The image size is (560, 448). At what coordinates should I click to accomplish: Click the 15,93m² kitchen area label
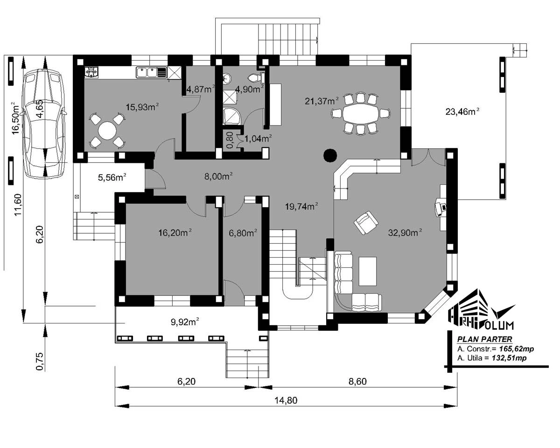click(142, 107)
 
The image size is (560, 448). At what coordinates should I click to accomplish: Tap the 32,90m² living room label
click(405, 232)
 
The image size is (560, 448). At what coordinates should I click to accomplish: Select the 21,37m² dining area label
click(322, 101)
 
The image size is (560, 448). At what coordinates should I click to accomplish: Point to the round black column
click(330, 155)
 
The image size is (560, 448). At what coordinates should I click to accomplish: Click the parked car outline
click(43, 124)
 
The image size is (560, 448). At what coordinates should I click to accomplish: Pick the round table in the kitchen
click(107, 130)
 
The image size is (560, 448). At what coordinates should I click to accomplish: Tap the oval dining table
click(361, 113)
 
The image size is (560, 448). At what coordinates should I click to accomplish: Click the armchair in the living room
click(366, 223)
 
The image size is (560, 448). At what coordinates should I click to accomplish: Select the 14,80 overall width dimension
click(286, 400)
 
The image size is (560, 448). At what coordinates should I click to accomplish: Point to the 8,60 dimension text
click(357, 381)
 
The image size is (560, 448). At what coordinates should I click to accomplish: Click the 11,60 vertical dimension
click(18, 205)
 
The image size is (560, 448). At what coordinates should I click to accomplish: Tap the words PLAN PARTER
click(485, 339)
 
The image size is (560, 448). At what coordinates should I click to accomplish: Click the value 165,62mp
click(517, 349)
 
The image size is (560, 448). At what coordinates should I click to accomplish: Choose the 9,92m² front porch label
click(185, 322)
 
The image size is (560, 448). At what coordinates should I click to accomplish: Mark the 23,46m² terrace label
click(462, 112)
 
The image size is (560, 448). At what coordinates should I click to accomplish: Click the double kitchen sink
click(147, 72)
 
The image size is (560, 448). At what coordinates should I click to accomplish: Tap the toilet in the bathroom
click(254, 77)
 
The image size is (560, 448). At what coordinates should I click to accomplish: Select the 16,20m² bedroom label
click(175, 232)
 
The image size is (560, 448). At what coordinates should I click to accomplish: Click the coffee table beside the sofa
click(367, 271)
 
